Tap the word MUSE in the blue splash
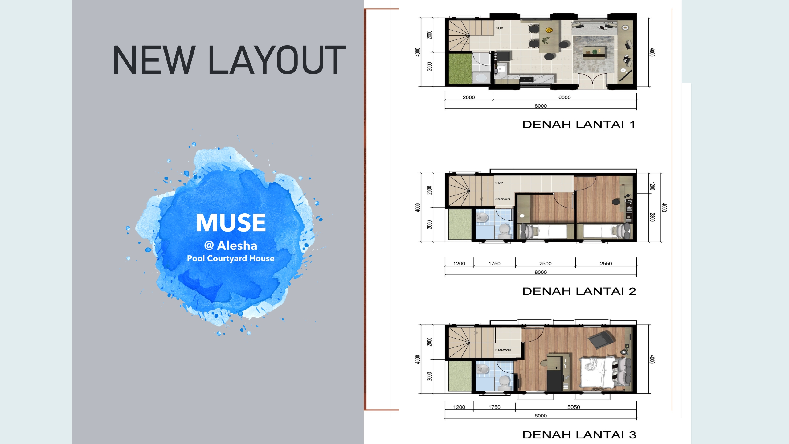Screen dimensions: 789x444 pyautogui.click(x=231, y=223)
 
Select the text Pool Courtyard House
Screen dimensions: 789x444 pyautogui.click(x=231, y=258)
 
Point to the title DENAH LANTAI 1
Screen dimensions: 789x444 pyautogui.click(x=579, y=125)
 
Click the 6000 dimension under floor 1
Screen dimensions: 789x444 pyautogui.click(x=565, y=97)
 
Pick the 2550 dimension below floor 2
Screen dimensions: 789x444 pyautogui.click(x=606, y=264)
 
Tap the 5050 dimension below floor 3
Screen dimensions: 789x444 pyautogui.click(x=574, y=407)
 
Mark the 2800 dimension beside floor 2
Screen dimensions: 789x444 pyautogui.click(x=652, y=217)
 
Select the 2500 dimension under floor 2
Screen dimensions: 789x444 pyautogui.click(x=546, y=264)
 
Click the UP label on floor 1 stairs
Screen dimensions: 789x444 pyautogui.click(x=501, y=28)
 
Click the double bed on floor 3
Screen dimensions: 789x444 pyautogui.click(x=604, y=372)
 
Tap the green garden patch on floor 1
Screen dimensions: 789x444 pyautogui.click(x=460, y=69)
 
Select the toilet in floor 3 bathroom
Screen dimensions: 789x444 pyautogui.click(x=504, y=381)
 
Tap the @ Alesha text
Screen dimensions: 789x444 pyautogui.click(x=231, y=246)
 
